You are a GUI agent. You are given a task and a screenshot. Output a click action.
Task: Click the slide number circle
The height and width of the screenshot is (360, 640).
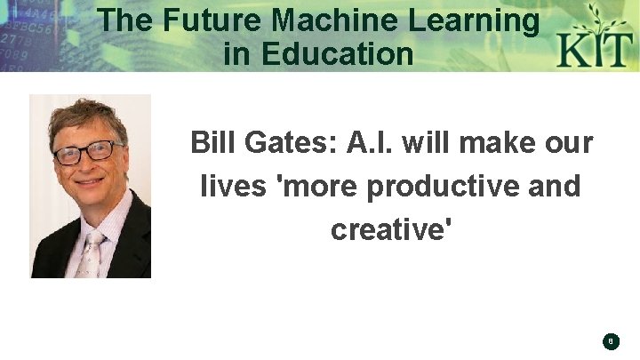(611, 340)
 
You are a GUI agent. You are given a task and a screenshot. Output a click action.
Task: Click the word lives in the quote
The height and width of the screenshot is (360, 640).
(228, 187)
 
